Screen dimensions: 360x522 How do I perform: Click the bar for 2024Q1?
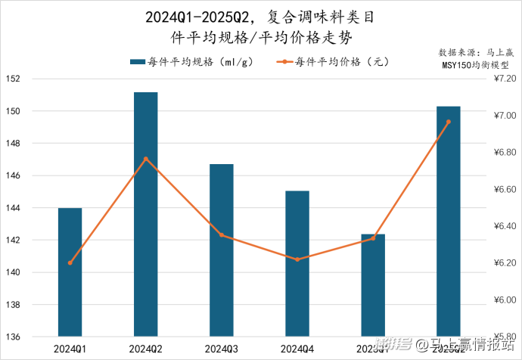click(x=70, y=272)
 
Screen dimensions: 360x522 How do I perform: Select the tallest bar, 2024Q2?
click(x=145, y=215)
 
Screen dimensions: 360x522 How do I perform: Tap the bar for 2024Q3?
click(x=221, y=250)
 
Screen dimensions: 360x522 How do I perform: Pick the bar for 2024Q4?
click(x=297, y=264)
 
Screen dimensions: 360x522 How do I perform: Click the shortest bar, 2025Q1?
click(x=372, y=285)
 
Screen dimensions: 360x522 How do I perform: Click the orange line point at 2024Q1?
click(x=70, y=263)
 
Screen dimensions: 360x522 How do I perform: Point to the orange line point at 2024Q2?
click(x=145, y=159)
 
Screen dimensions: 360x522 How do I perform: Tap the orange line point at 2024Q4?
click(x=297, y=259)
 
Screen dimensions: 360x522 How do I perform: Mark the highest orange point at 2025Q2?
click(x=448, y=122)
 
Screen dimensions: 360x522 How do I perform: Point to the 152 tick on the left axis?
click(x=13, y=79)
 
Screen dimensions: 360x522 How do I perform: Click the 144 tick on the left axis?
click(x=13, y=208)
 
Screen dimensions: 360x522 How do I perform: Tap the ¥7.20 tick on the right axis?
click(x=504, y=79)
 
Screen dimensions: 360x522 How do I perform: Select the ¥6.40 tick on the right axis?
click(x=504, y=226)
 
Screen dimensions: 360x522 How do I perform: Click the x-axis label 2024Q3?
click(x=221, y=349)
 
